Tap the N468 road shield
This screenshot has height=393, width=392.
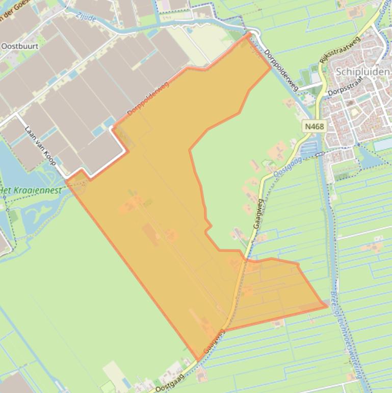tap(315, 126)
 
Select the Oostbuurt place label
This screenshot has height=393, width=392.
tap(21, 46)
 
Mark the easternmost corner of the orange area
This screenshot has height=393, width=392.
tap(327, 306)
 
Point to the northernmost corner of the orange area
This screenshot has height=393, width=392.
tap(249, 34)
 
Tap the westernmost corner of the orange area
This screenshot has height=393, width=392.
tap(67, 180)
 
